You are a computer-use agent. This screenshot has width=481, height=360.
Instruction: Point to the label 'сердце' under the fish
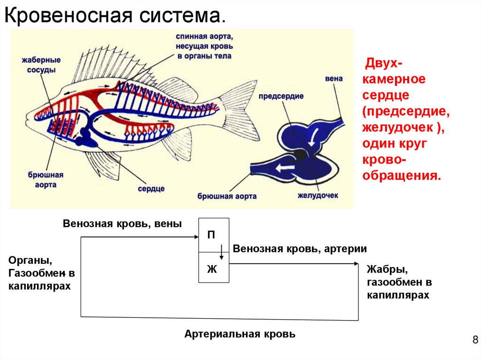coord(151,189)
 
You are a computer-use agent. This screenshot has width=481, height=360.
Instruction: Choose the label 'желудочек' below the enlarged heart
coord(318,195)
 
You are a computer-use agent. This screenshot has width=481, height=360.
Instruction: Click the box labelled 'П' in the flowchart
coord(214,235)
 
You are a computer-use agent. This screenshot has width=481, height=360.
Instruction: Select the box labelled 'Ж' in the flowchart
coord(214,268)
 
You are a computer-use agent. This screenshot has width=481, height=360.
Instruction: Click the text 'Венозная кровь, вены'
coord(122,224)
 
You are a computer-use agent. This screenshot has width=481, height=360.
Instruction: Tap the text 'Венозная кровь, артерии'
coord(299,249)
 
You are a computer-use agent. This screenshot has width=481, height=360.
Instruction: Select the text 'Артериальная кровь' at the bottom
coord(240,334)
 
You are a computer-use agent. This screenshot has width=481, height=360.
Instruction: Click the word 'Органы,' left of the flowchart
coord(30,260)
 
